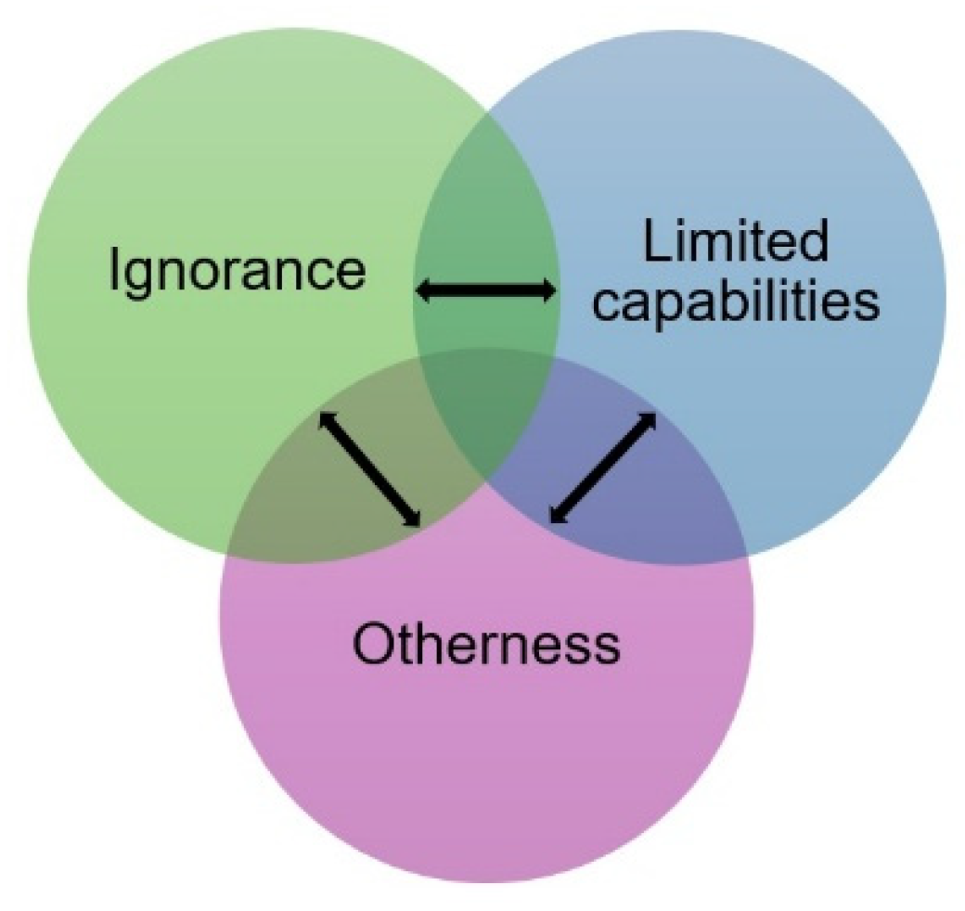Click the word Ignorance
click(237, 270)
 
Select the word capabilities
click(736, 302)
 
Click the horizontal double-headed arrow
click(485, 291)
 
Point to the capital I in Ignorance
click(115, 270)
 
